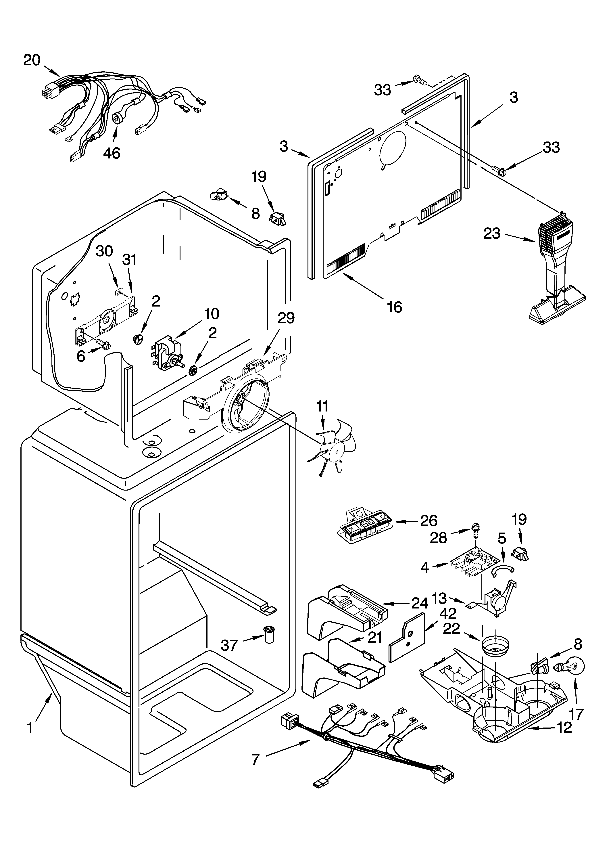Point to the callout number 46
coord(112,153)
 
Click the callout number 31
coord(130,259)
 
